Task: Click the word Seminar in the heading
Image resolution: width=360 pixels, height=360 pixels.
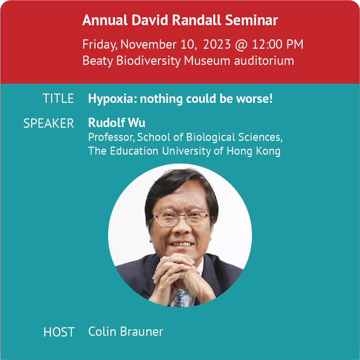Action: [x=251, y=20]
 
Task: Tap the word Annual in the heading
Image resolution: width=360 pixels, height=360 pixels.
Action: [x=105, y=20]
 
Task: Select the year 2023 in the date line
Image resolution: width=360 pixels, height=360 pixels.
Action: [x=217, y=44]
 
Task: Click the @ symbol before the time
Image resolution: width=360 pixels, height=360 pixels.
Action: [x=241, y=45]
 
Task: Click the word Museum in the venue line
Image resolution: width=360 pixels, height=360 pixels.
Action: [x=207, y=61]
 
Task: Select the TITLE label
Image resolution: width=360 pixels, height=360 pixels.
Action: [x=58, y=99]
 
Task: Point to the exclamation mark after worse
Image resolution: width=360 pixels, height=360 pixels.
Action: [x=271, y=98]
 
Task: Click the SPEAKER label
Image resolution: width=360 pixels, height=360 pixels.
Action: [x=49, y=123]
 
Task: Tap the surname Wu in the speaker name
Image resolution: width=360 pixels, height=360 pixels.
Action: [x=137, y=123]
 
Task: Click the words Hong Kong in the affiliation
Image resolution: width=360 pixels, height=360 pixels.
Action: [x=253, y=151]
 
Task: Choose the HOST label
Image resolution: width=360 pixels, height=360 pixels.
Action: [x=59, y=332]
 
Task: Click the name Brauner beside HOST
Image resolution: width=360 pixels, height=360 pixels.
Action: [x=142, y=332]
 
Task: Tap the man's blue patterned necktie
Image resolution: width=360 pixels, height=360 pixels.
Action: [x=180, y=298]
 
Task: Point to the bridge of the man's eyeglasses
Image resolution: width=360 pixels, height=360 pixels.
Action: [x=182, y=215]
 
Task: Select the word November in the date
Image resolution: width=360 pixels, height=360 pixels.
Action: [x=148, y=44]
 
